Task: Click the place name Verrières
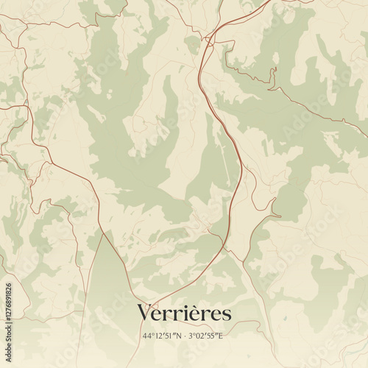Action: point(184,314)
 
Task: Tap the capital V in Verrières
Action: point(145,314)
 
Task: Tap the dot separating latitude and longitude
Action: point(184,336)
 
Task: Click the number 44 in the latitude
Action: point(147,336)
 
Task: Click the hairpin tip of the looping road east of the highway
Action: point(280,215)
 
